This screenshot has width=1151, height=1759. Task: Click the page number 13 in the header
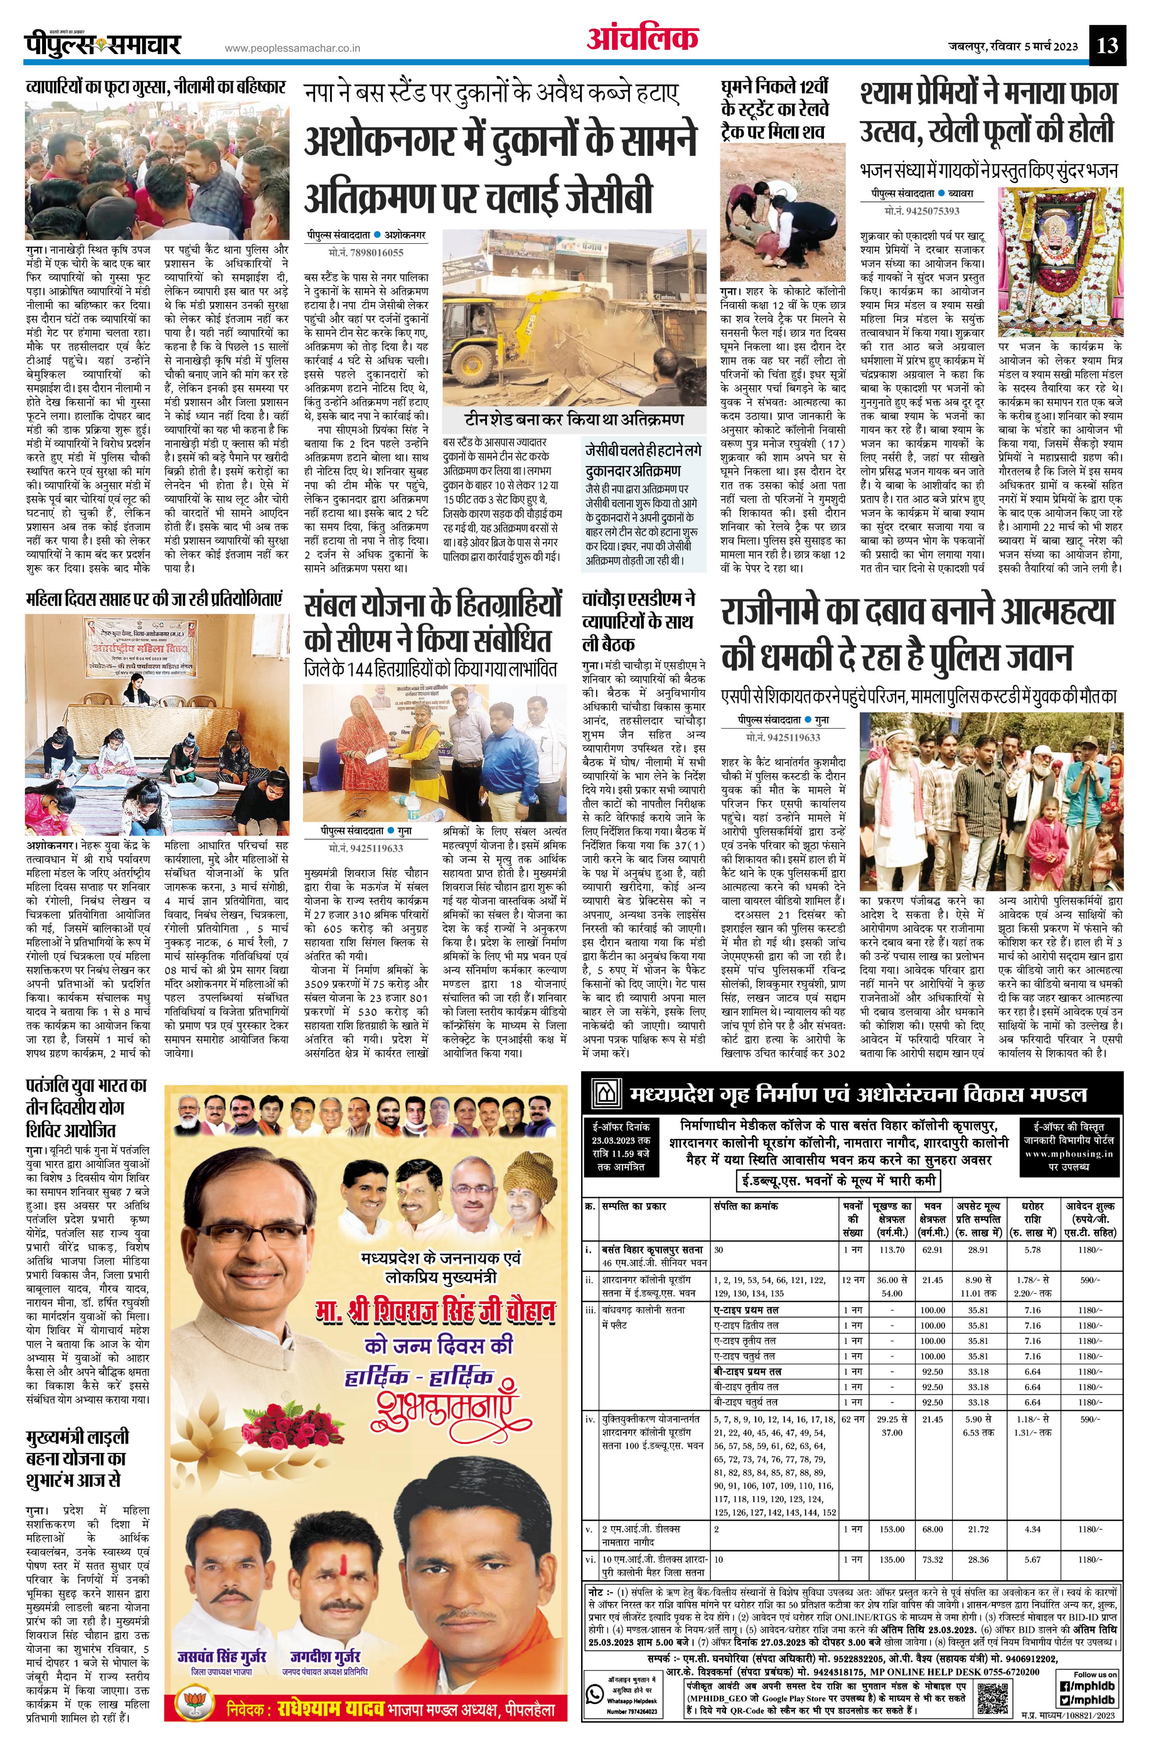click(1108, 46)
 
